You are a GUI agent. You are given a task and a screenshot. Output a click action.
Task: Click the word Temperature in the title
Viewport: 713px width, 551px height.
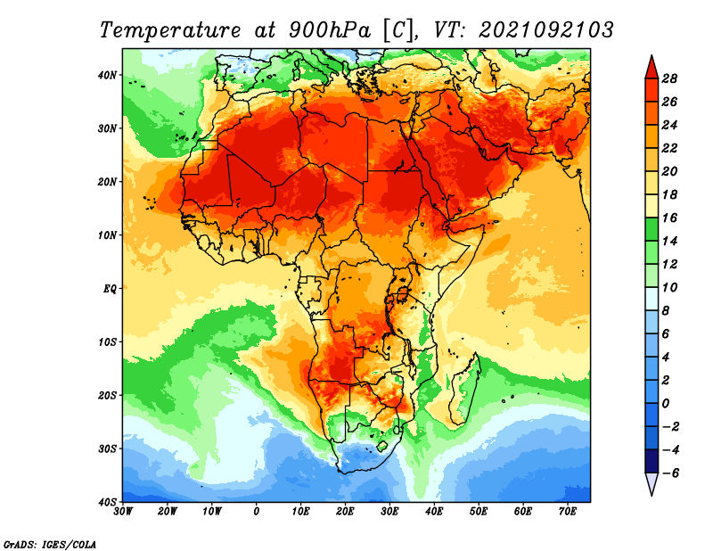click(x=170, y=30)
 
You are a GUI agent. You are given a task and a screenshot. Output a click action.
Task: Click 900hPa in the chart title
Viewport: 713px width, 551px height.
click(x=330, y=30)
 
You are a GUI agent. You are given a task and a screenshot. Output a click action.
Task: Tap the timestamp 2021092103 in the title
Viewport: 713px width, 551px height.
click(x=546, y=29)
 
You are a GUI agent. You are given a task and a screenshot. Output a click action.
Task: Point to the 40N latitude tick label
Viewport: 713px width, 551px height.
click(x=108, y=75)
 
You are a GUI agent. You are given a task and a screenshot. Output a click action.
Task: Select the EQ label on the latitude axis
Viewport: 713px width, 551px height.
click(x=110, y=289)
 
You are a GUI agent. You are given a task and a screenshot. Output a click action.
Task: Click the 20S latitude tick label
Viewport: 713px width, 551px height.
click(x=108, y=395)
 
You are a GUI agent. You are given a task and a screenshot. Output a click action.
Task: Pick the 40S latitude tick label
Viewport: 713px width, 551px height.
click(x=108, y=502)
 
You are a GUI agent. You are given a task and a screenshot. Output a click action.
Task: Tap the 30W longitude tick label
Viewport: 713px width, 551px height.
click(x=123, y=512)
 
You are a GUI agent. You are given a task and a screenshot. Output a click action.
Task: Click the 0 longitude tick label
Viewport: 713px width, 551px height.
click(x=257, y=512)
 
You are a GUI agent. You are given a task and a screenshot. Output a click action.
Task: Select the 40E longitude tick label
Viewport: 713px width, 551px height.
click(x=434, y=512)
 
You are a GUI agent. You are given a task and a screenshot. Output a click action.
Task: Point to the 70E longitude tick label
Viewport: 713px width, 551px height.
click(x=568, y=512)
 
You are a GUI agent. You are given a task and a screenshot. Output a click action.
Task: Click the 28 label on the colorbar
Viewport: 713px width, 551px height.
click(x=669, y=78)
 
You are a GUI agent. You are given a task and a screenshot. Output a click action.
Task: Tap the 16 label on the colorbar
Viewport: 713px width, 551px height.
click(x=669, y=218)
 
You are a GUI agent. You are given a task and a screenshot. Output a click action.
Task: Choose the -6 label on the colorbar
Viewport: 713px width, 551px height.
click(x=669, y=473)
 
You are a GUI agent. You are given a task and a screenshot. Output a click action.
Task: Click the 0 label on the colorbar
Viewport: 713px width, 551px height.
click(x=666, y=404)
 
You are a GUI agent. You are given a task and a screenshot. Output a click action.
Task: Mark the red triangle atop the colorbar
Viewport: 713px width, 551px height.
click(x=652, y=68)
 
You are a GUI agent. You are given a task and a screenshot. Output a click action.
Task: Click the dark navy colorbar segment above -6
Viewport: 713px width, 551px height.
click(x=652, y=461)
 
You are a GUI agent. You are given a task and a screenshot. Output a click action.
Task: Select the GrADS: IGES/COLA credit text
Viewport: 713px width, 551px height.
click(x=50, y=544)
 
